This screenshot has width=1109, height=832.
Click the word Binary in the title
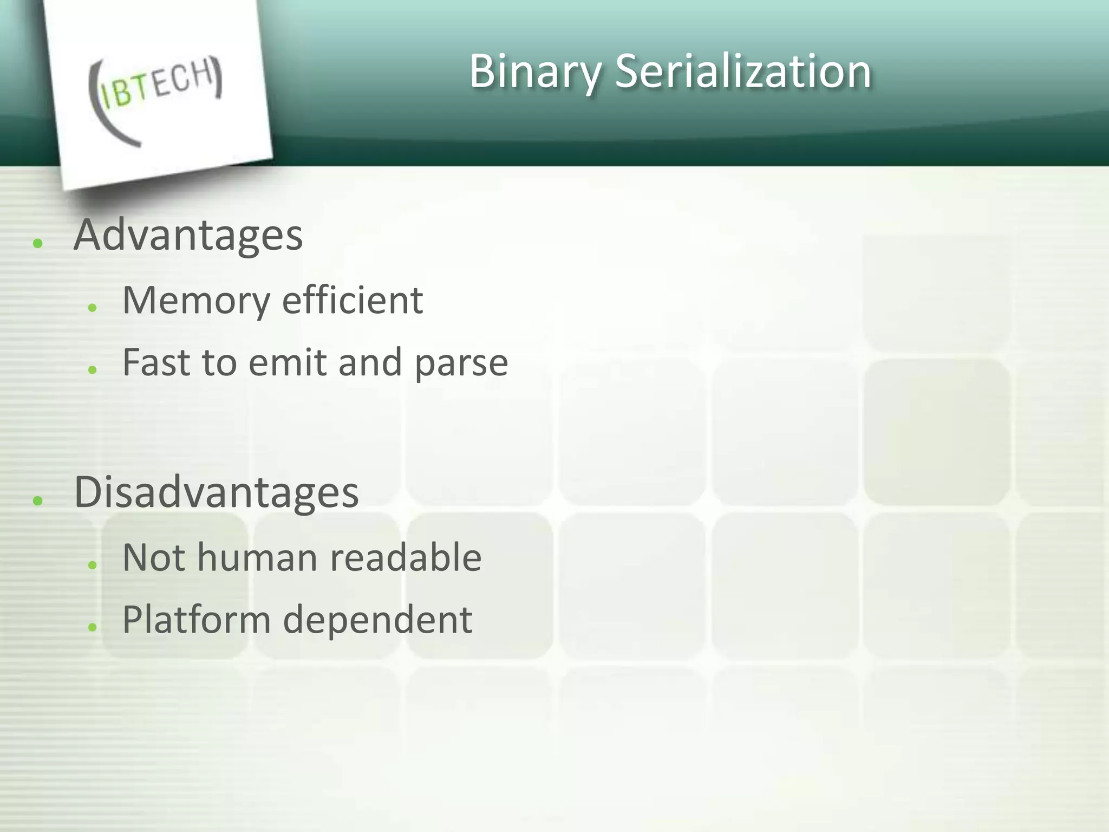pos(535,71)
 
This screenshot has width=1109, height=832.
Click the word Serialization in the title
pos(743,71)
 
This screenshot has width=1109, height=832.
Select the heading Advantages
pos(188,236)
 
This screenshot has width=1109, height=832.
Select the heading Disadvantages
pos(216,492)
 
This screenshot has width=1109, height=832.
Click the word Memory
pos(196,301)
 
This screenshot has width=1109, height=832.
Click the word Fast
pos(156,362)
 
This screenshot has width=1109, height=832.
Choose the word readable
pos(406,557)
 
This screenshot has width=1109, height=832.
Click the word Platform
pos(196,620)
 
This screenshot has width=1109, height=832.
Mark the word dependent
pos(377,620)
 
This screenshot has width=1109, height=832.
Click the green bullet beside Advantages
pos(37,243)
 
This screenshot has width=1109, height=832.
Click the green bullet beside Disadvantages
pos(37,500)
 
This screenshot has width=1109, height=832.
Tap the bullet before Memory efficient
pos(93,308)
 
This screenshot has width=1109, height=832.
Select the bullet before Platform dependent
pos(93,627)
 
